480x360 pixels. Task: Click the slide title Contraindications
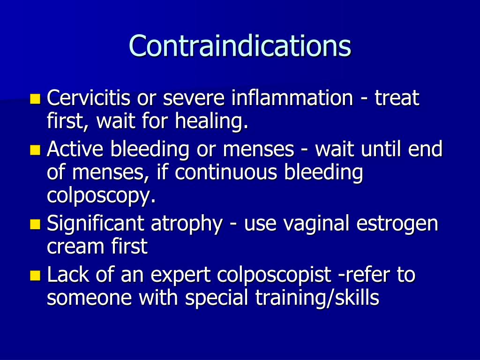(240, 46)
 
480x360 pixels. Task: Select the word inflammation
(292, 98)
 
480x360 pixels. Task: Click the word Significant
(96, 224)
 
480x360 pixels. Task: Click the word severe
(195, 98)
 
